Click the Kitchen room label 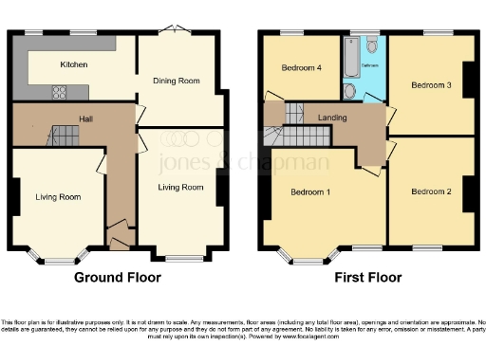74,64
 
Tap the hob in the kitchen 59,92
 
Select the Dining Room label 177,82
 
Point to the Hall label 85,120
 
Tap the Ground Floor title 118,278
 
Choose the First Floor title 367,278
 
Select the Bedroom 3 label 430,85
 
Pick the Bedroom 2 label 430,191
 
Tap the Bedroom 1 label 309,192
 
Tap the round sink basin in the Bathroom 350,91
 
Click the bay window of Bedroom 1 306,257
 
